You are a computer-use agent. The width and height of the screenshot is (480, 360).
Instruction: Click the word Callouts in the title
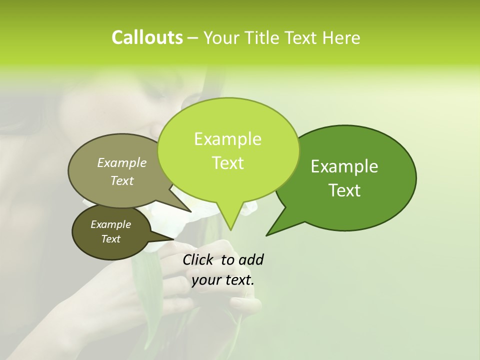point(147,38)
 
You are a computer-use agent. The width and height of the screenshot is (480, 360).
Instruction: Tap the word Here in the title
point(341,38)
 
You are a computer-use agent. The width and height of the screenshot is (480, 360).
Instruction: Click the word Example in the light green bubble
point(227,139)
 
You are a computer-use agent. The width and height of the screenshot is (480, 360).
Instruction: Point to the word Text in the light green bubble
point(227,163)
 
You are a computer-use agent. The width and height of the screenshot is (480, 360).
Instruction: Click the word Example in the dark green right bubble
point(344,166)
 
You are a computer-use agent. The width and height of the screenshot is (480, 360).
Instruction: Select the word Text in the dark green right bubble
point(344,190)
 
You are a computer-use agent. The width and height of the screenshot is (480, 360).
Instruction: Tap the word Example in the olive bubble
point(122,162)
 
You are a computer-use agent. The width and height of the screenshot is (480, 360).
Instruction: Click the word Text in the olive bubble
point(122,180)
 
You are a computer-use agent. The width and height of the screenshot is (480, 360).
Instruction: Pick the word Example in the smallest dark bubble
point(110,224)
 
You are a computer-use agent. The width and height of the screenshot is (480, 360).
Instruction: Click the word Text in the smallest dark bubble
point(110,239)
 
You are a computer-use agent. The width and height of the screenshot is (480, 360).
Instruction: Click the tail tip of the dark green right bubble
point(267,234)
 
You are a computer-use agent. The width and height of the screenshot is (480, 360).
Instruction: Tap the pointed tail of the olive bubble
point(190,211)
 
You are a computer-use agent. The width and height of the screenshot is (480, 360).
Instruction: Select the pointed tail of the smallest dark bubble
point(172,238)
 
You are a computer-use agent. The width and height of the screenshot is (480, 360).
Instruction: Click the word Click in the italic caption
point(198,259)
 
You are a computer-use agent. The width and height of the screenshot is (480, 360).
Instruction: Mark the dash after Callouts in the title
point(193,38)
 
